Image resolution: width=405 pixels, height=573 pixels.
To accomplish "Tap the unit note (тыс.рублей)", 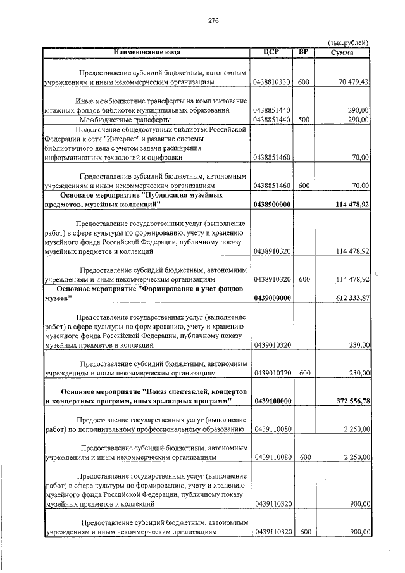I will pyautogui.click(x=349, y=42).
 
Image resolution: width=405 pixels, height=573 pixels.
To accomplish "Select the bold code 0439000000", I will pyautogui.click(x=271, y=298).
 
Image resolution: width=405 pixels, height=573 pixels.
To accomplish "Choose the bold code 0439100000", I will pyautogui.click(x=271, y=401).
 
